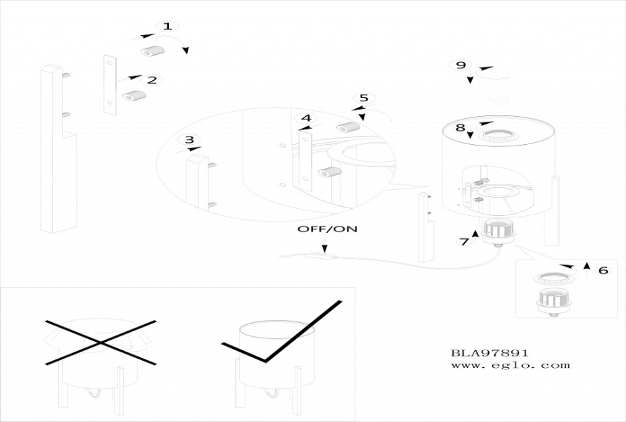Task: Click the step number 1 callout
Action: pos(166,27)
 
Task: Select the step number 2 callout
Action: pos(152,80)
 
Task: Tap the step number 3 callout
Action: pos(189,140)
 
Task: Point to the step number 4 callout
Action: pos(305,118)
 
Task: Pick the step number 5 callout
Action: pos(363,98)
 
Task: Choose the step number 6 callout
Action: pos(603,270)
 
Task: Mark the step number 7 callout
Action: pos(464,242)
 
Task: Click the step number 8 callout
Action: pos(460,127)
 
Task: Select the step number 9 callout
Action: pos(461,65)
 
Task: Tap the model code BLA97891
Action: pos(490,353)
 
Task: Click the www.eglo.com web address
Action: pos(510,365)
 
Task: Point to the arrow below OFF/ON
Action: pos(324,246)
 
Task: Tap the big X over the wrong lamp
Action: pos(101,343)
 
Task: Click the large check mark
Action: pos(281,338)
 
